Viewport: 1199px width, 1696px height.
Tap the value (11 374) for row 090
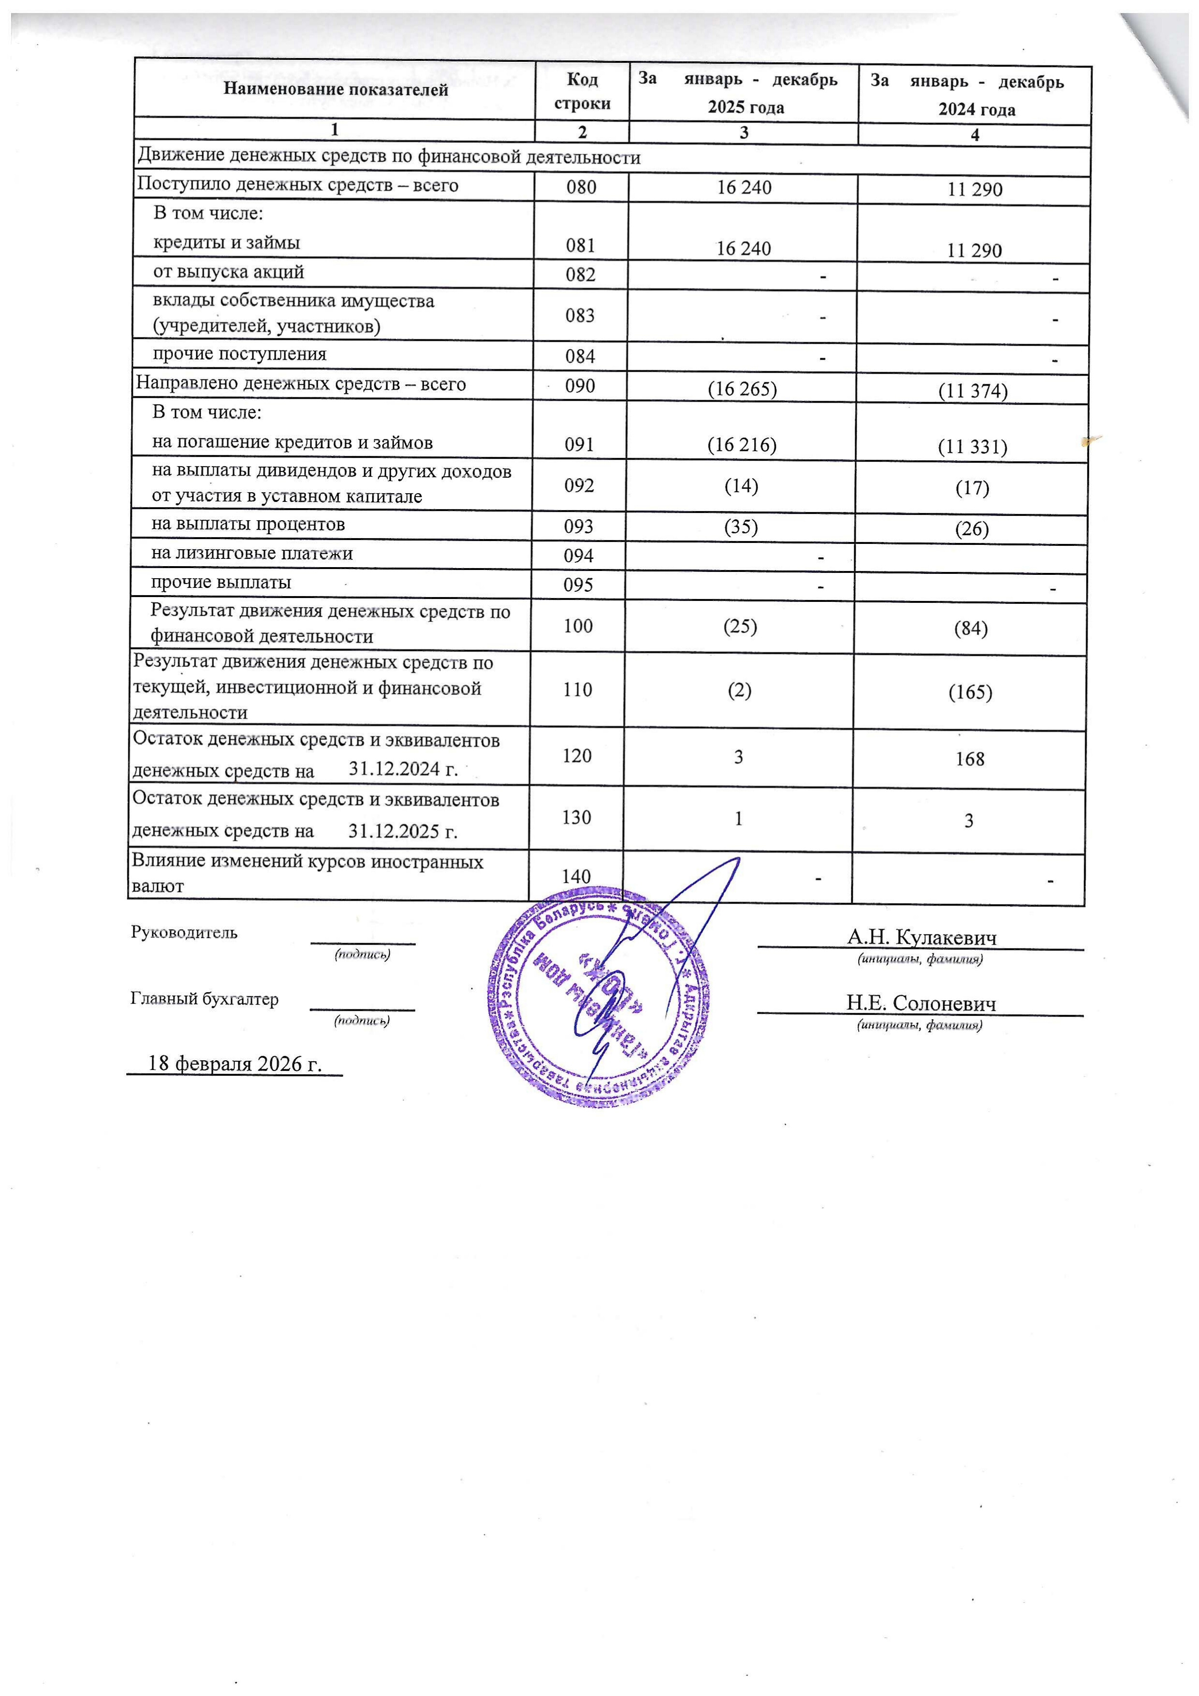click(972, 391)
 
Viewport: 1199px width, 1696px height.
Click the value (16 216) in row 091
click(742, 445)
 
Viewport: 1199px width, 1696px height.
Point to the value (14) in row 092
click(741, 485)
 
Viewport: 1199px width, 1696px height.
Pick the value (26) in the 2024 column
click(971, 529)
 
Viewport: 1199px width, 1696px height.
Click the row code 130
click(576, 818)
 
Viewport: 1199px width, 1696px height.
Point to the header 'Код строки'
click(582, 91)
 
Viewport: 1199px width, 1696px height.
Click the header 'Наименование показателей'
click(336, 90)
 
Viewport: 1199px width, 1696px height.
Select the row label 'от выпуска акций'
click(228, 272)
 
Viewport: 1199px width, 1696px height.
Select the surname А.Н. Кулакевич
click(921, 938)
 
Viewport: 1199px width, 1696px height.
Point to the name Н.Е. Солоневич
click(921, 1003)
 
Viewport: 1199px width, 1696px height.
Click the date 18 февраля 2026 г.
click(235, 1063)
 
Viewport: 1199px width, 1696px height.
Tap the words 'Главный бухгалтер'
click(205, 999)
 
